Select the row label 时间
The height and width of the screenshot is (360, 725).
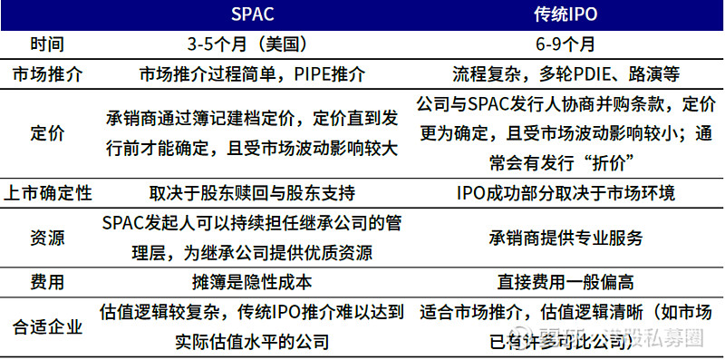point(45,44)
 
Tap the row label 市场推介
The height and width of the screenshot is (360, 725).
point(45,73)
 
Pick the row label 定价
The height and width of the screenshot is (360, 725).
point(45,133)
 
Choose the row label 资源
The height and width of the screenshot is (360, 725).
point(45,238)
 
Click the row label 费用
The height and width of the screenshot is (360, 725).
point(45,283)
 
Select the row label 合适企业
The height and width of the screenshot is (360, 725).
point(45,326)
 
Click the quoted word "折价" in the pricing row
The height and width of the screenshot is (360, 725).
point(607,162)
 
